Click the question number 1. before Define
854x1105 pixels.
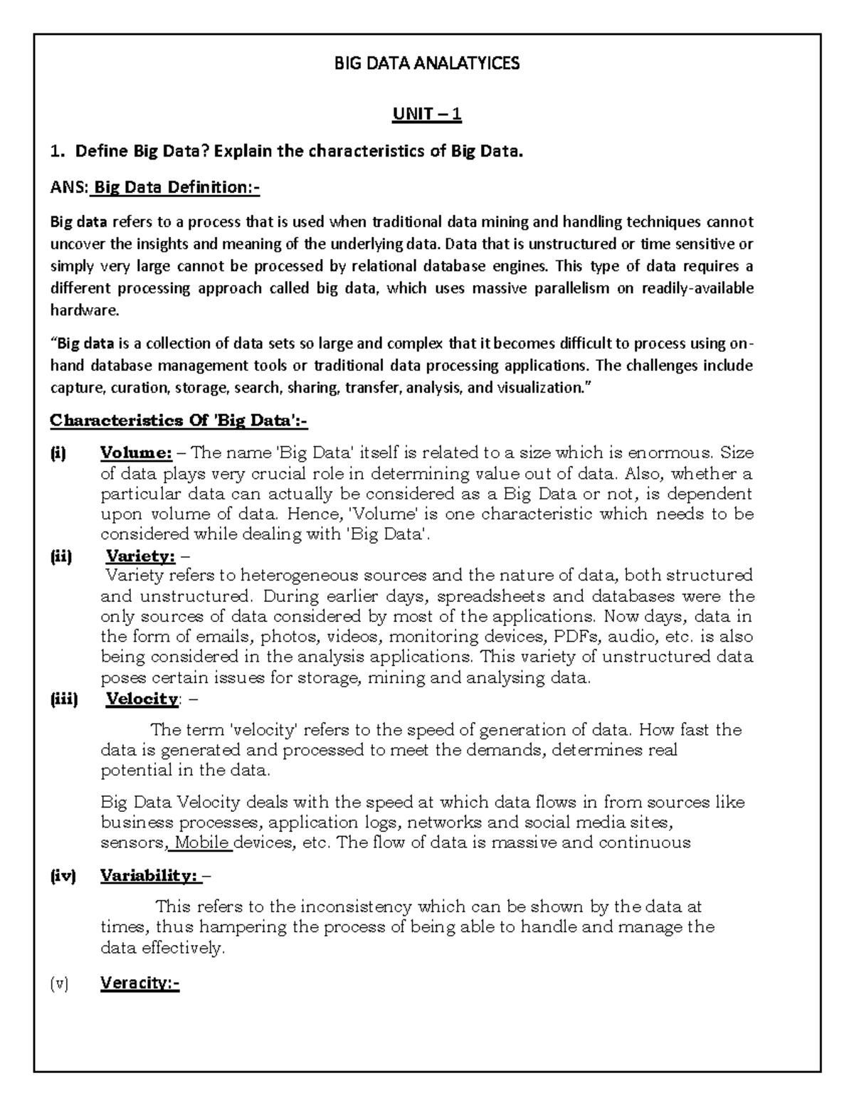56,151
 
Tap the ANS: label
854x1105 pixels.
69,187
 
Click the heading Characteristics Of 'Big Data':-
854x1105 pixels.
179,421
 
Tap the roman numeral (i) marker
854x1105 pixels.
58,453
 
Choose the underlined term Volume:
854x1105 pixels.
136,453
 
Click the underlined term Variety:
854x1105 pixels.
141,556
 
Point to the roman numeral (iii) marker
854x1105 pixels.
64,699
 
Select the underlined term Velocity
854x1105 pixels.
142,699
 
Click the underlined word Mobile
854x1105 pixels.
203,843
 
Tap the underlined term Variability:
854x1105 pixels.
149,876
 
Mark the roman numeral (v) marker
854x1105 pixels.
59,984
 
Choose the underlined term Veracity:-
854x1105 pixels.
139,984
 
